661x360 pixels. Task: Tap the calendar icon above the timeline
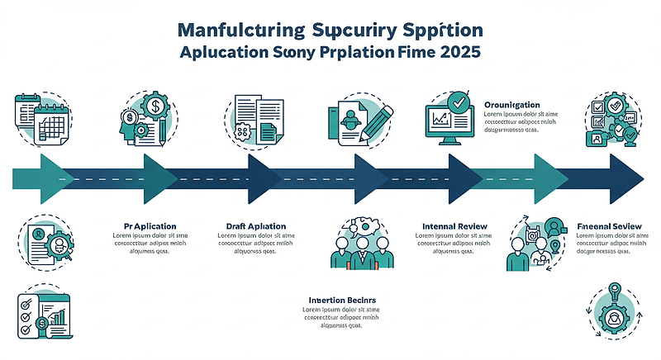[41, 121]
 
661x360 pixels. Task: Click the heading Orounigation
[511, 105]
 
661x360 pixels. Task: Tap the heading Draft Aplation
[255, 225]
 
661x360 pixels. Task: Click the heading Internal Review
[454, 225]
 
